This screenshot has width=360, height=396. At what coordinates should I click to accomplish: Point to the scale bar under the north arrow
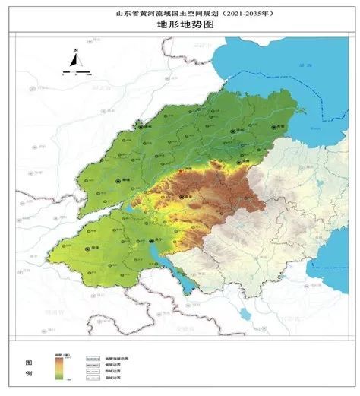tap(77, 75)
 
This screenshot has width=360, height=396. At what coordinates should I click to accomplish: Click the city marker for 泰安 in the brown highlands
tap(182, 196)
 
